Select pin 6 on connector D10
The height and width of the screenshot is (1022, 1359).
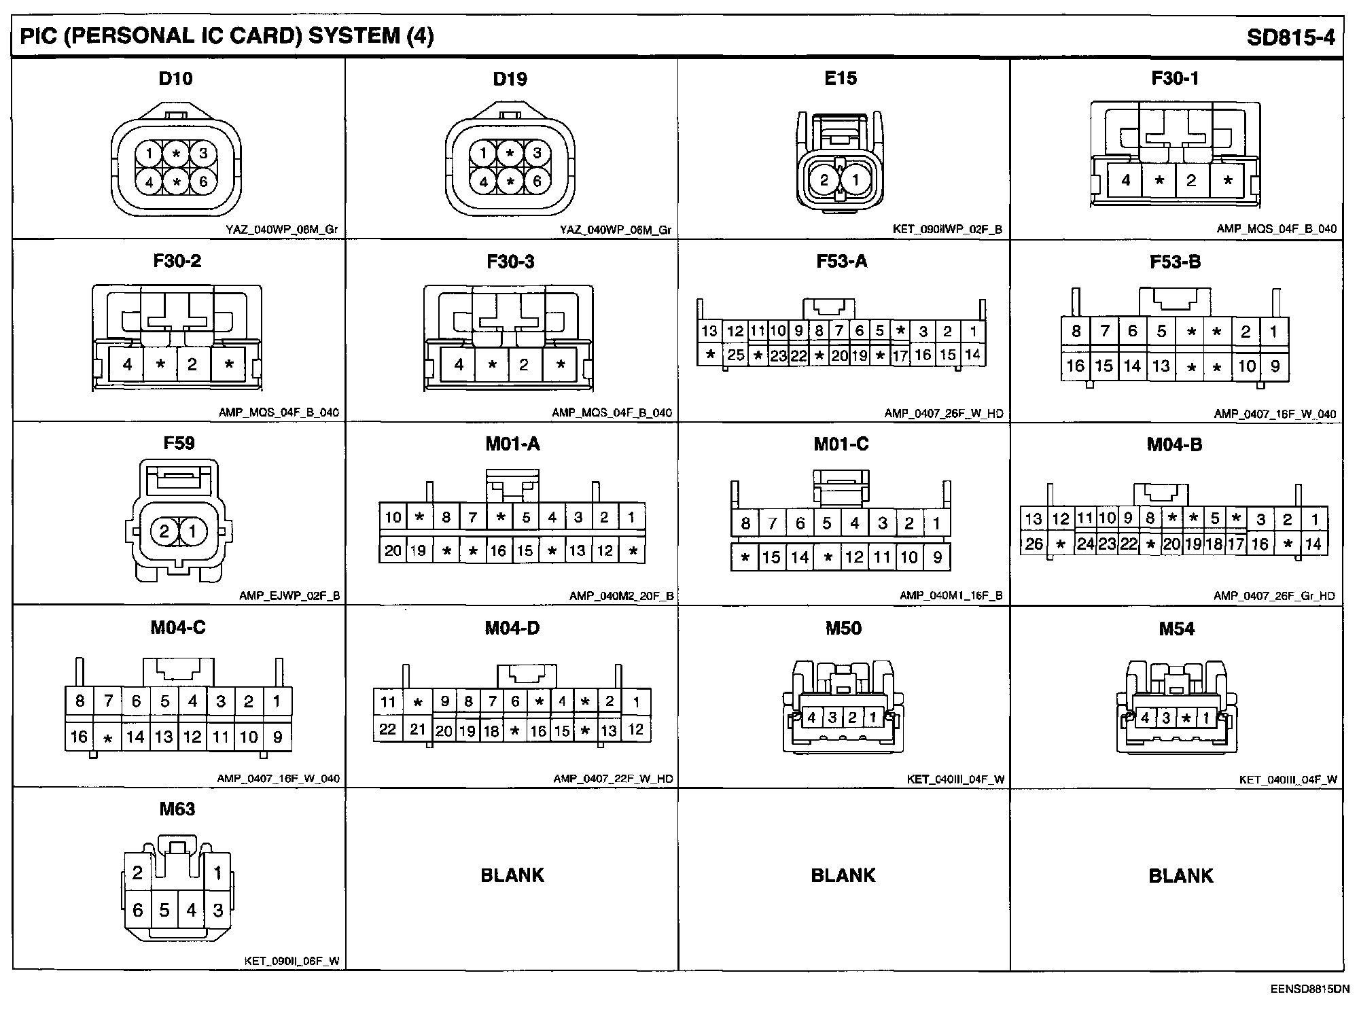[x=202, y=181]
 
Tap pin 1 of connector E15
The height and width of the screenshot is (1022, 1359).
[x=855, y=181]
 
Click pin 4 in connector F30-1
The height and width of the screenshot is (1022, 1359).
[x=1126, y=181]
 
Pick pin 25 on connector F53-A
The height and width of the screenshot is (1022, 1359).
[x=736, y=355]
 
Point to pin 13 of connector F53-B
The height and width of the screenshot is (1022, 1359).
[x=1161, y=366]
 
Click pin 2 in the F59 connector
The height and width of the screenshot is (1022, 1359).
[x=164, y=531]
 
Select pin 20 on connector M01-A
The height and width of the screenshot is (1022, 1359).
[x=393, y=550]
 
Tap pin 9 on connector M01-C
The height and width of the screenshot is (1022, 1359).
[x=938, y=558]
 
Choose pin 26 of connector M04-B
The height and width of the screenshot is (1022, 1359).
[x=1034, y=544]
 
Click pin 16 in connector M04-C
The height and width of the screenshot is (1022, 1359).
[x=80, y=737]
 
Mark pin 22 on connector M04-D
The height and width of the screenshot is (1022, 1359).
[x=388, y=729]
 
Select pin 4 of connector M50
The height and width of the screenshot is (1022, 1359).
[x=811, y=718]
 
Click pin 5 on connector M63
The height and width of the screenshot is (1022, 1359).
[x=164, y=910]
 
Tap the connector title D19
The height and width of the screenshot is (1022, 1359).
[x=510, y=79]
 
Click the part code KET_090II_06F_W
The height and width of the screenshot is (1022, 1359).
[x=292, y=962]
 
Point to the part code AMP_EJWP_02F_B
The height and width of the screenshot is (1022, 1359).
[x=289, y=596]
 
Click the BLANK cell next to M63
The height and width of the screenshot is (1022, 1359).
[x=512, y=875]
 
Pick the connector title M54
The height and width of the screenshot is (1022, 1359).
[x=1176, y=629]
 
